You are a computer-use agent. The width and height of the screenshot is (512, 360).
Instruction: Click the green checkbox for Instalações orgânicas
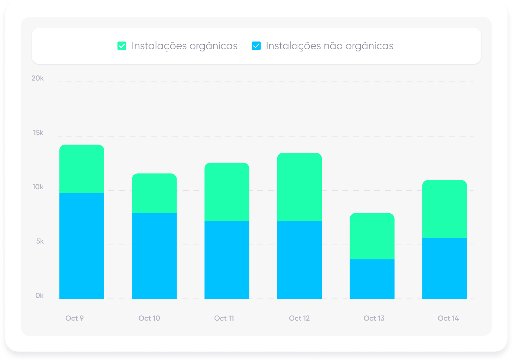122,46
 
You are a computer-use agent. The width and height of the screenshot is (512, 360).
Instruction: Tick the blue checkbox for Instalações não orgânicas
256,46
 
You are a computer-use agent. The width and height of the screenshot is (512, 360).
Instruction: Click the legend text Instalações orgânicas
184,46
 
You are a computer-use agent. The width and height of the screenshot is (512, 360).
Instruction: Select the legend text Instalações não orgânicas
329,46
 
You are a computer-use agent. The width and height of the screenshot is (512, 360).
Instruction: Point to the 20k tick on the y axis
38,78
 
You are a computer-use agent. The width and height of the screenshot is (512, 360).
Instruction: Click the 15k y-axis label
38,133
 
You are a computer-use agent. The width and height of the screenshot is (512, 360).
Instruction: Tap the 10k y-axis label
38,187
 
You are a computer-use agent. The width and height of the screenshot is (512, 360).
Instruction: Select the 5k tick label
40,242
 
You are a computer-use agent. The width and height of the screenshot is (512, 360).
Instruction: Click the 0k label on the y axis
39,296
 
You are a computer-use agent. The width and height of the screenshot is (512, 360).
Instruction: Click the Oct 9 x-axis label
74,318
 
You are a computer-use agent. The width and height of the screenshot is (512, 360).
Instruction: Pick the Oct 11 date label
224,318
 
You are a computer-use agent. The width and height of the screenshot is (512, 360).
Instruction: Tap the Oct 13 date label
374,318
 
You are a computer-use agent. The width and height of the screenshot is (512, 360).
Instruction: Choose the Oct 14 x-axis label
448,318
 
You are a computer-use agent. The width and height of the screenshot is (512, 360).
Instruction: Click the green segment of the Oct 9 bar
82,169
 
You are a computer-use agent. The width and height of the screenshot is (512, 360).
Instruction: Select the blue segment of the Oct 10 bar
154,256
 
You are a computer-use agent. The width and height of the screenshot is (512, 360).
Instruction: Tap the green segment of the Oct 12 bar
299,187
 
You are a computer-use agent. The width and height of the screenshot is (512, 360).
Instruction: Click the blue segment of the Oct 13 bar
372,279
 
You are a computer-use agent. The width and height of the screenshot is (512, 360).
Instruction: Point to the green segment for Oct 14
445,209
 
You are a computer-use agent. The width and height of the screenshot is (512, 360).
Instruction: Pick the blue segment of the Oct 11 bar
227,260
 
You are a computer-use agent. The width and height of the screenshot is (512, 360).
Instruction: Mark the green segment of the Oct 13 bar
372,236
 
